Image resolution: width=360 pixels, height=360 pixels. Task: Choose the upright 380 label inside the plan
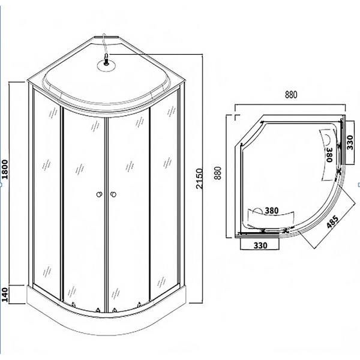tap(271, 211)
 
